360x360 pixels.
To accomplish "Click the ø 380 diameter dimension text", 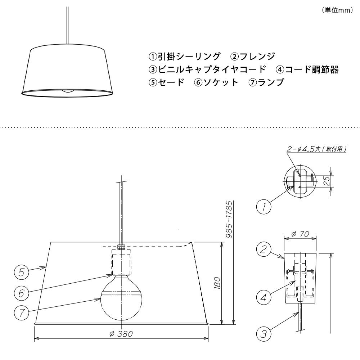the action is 121,334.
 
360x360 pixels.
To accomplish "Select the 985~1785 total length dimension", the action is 229,220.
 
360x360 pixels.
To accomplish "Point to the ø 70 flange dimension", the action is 300,234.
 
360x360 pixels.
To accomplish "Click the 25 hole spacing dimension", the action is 328,181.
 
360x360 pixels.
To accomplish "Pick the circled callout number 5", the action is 21,272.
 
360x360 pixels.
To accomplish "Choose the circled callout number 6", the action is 21,293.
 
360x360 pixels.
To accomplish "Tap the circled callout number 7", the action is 21,313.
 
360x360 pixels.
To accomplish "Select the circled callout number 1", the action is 264,207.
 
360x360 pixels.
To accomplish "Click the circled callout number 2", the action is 264,249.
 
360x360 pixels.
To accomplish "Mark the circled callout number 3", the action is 264,334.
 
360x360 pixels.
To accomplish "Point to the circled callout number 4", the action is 264,297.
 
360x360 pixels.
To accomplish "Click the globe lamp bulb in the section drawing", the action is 121,298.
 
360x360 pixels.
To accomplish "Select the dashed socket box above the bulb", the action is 121,262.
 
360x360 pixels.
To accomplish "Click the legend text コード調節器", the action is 311,69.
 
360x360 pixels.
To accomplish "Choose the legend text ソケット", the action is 220,82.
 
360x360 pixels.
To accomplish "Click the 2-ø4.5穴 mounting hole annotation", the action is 316,149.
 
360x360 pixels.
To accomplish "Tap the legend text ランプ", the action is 271,82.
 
